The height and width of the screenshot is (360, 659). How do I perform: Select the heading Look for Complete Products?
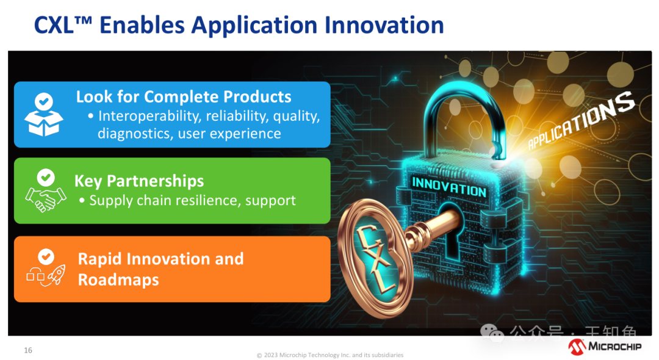(x=184, y=97)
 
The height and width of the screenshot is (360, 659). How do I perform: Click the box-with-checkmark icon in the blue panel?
(x=44, y=114)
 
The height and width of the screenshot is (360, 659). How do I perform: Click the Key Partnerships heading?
(x=139, y=181)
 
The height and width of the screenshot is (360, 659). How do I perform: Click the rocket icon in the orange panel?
(x=56, y=275)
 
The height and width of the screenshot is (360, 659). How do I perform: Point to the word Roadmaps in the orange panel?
(x=118, y=280)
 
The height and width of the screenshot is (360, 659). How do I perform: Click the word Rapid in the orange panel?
(x=100, y=259)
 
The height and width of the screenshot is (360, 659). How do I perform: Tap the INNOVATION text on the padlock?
(x=449, y=187)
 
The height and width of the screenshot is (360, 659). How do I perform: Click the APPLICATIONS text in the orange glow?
(x=581, y=121)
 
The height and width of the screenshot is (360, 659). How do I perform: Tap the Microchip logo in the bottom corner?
(x=605, y=347)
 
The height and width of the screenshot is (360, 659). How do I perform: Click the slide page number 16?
(x=28, y=350)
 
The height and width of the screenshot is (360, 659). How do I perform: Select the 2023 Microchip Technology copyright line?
(x=330, y=355)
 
